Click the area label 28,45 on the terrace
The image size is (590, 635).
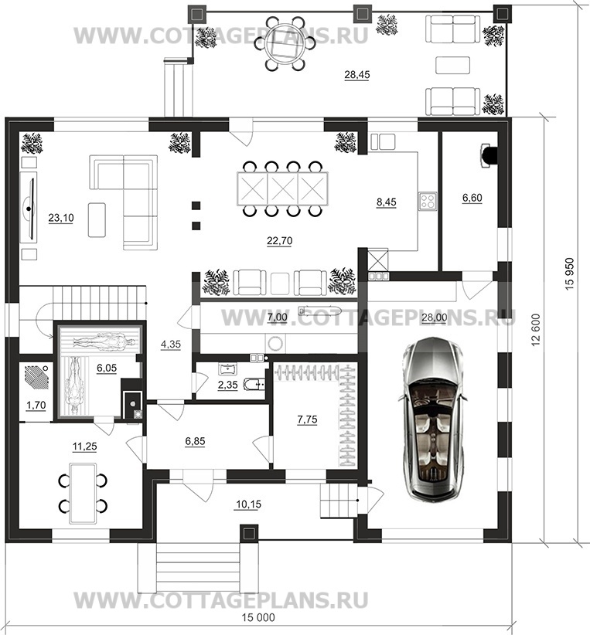356,75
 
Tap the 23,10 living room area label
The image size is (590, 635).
61,218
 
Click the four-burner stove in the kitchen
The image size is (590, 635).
428,201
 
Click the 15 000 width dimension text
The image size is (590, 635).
258,617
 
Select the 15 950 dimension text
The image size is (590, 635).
569,273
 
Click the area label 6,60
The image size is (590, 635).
472,198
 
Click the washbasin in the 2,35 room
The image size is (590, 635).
228,369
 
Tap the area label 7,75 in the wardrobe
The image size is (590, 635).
307,419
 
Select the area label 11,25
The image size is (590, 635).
84,447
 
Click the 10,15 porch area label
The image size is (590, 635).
248,504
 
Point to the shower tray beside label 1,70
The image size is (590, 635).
37,378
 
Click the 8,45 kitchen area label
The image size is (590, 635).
386,202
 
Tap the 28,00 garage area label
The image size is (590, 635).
435,317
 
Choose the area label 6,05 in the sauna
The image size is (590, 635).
106,368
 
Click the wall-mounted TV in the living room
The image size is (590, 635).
29,208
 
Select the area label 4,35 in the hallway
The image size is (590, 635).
171,345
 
